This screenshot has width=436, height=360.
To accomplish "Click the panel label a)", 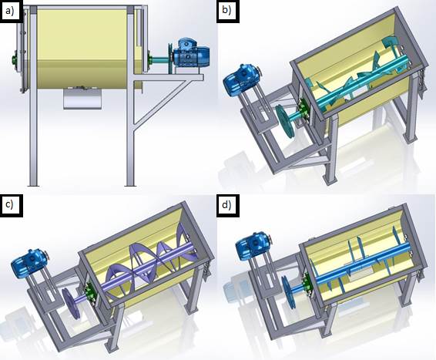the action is (x=11, y=12).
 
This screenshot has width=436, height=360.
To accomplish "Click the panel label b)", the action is (x=227, y=10).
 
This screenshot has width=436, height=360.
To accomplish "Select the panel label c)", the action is (x=10, y=204).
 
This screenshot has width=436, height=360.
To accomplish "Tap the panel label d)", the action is (x=227, y=204).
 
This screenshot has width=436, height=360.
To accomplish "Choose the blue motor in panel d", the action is (x=253, y=246).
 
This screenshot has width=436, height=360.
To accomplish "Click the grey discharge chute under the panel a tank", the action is (x=82, y=98).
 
